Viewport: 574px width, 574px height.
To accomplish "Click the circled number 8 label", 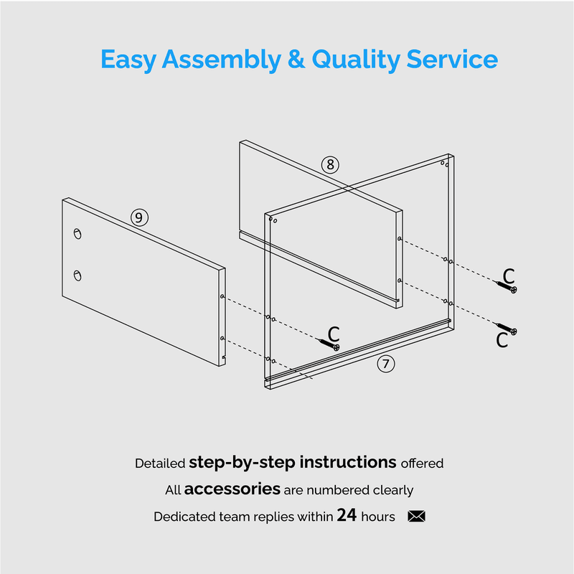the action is coord(330,165).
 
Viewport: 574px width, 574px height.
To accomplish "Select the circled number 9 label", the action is coord(139,218).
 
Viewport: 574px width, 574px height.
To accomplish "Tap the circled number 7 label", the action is coord(386,364).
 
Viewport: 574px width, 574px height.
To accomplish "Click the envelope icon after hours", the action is coord(416,516).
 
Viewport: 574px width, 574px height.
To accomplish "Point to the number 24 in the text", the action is coord(347,515).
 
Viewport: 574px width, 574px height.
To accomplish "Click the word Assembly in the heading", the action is coord(222,60).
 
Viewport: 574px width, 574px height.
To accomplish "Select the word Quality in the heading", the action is coord(356,60).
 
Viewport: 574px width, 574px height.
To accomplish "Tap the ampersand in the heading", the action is coord(296,59).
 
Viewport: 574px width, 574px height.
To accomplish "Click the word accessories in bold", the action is coord(232,489).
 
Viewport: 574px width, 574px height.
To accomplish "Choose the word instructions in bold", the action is coord(348,462).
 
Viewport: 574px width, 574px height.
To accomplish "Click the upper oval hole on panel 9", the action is coord(77,234).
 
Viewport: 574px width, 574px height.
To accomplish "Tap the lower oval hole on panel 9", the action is coord(77,276).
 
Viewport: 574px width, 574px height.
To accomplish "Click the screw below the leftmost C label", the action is coord(329,344).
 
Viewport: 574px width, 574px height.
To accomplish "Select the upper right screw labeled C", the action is coord(506,287).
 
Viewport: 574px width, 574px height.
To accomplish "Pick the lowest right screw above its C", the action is coord(506,329).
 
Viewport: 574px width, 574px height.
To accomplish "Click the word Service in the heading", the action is coord(452,59).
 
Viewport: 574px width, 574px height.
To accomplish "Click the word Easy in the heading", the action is coord(128,60).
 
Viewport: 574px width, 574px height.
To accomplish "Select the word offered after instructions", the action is coord(422,463).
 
